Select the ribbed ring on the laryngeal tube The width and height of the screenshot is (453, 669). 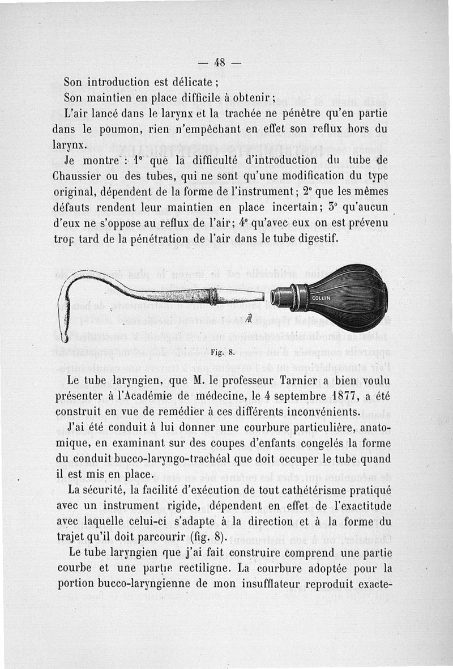tap(212, 296)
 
